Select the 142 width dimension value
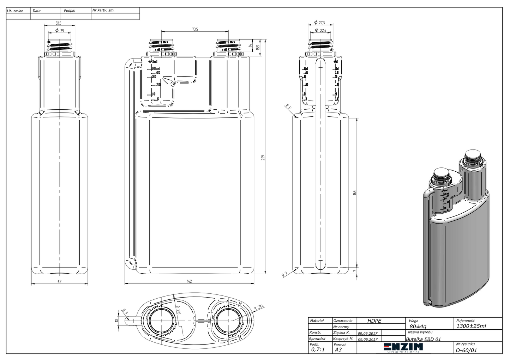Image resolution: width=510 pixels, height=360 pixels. tap(189, 281)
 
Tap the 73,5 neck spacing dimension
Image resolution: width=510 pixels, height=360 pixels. tap(195, 30)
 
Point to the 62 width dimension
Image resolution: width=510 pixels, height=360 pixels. tap(59, 281)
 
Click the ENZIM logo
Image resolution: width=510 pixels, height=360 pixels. tap(403, 347)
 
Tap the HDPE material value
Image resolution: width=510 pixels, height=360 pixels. tap(374, 321)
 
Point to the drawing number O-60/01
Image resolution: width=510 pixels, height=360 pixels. tap(466, 350)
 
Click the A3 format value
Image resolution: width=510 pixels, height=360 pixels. tap(338, 350)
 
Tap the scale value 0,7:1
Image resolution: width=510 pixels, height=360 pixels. tap(318, 350)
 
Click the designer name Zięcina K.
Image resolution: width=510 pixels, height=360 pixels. tap(341, 332)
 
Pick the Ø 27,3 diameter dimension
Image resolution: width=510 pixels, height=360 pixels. tap(319, 23)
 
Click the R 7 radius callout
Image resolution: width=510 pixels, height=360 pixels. tap(284, 274)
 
